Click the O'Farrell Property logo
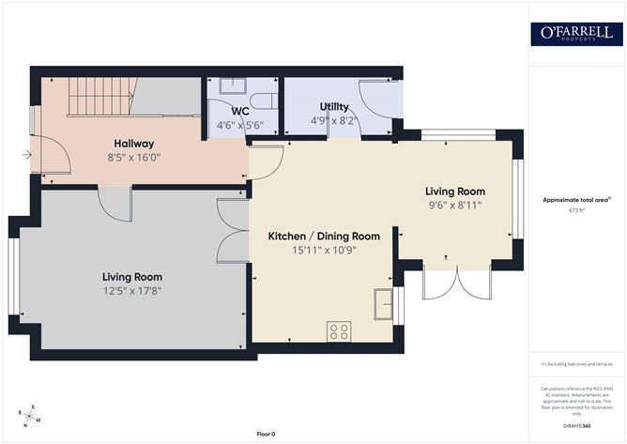[x=577, y=34]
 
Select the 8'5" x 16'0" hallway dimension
[x=134, y=159]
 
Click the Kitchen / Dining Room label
[x=324, y=236]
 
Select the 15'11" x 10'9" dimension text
[x=324, y=251]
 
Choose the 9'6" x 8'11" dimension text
[x=454, y=205]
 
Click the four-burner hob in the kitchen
[x=339, y=331]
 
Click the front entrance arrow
[x=24, y=156]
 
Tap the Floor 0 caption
[x=269, y=434]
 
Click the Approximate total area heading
[x=575, y=199]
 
